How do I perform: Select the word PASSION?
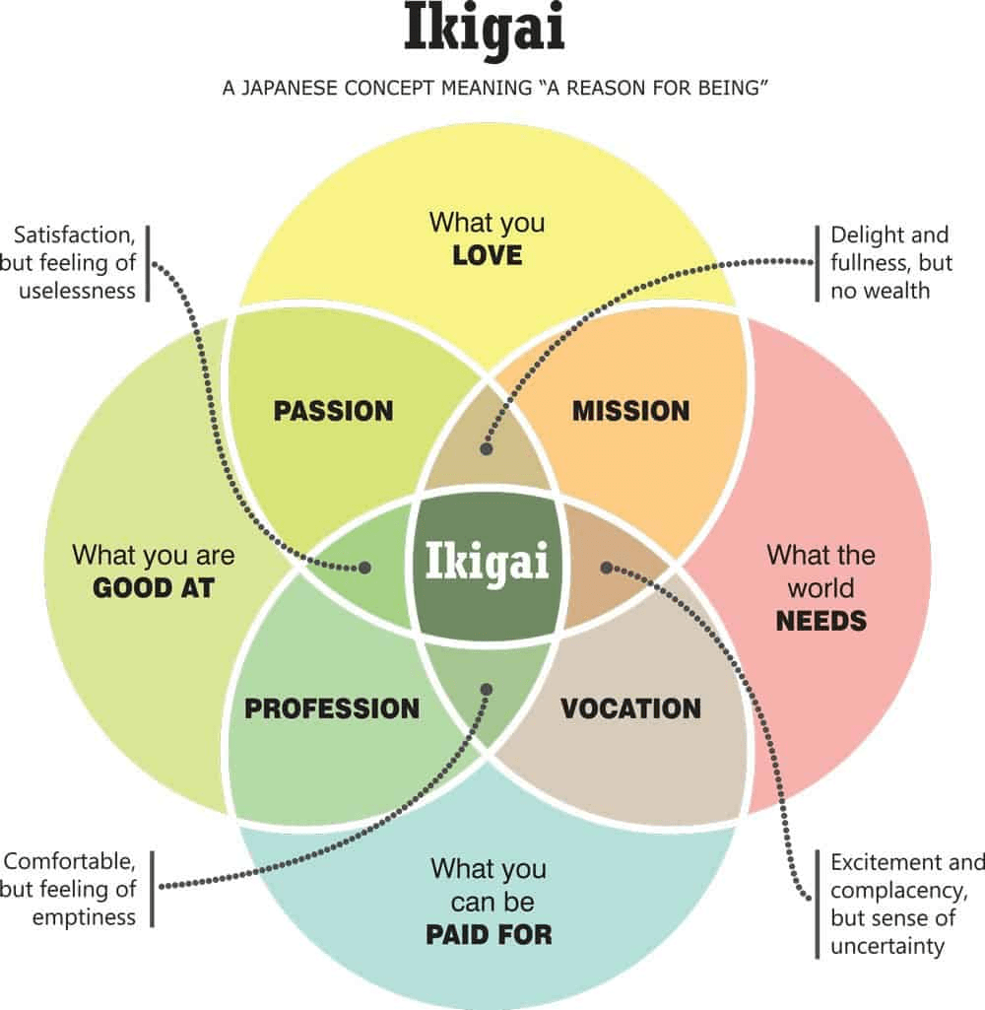pyautogui.click(x=333, y=410)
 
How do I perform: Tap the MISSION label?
pyautogui.click(x=630, y=410)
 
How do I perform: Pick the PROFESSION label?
pyautogui.click(x=332, y=707)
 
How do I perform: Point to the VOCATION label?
pyautogui.click(x=630, y=707)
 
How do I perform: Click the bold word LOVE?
pyautogui.click(x=487, y=256)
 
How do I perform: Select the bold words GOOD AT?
pyautogui.click(x=153, y=588)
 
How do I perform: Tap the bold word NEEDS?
pyautogui.click(x=821, y=621)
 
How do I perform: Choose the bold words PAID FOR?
pyautogui.click(x=489, y=933)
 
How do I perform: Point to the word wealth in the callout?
pyautogui.click(x=899, y=291)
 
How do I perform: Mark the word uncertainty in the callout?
pyautogui.click(x=886, y=946)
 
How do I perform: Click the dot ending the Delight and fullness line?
pyautogui.click(x=486, y=448)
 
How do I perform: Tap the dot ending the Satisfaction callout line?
pyautogui.click(x=364, y=568)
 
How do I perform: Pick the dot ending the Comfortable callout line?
pyautogui.click(x=486, y=688)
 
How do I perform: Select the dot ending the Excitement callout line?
pyautogui.click(x=607, y=568)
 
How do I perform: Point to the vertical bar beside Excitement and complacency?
pyautogui.click(x=817, y=904)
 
